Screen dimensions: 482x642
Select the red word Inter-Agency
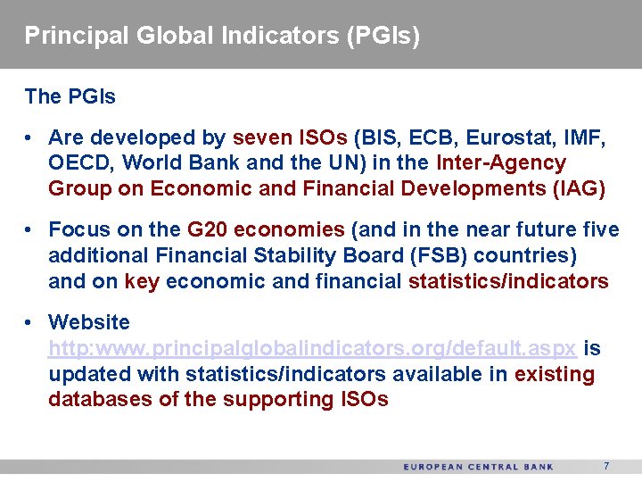[501, 163]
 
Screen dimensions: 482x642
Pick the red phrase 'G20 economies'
[266, 230]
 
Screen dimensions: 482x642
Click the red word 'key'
[141, 282]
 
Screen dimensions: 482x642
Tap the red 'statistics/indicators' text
[508, 282]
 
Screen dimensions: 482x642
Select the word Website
[89, 322]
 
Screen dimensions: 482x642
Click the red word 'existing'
[554, 374]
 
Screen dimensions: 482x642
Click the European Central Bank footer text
[478, 467]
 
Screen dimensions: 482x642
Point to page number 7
[606, 466]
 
